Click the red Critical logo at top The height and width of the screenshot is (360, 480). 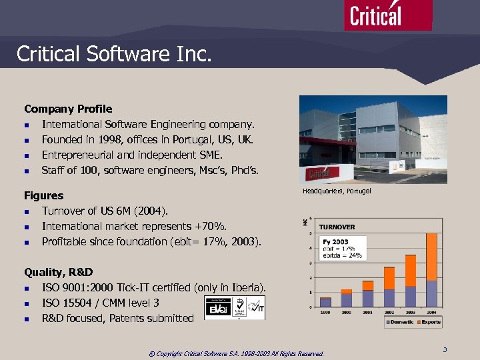[x=387, y=15]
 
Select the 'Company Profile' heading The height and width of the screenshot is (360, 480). [x=68, y=109]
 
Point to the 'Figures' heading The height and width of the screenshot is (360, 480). [x=44, y=195]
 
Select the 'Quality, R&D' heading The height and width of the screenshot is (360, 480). [x=59, y=272]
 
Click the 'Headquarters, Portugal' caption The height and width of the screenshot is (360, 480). [x=337, y=191]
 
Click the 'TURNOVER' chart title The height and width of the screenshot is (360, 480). [x=337, y=227]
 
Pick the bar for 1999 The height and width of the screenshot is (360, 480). [x=325, y=302]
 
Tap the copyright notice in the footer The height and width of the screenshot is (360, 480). [x=236, y=353]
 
